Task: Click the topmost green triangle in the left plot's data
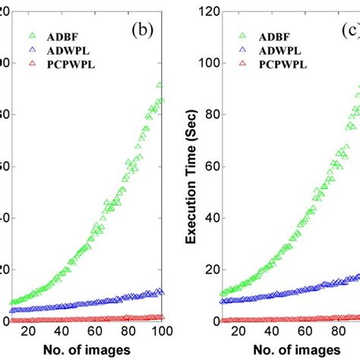click(159, 85)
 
